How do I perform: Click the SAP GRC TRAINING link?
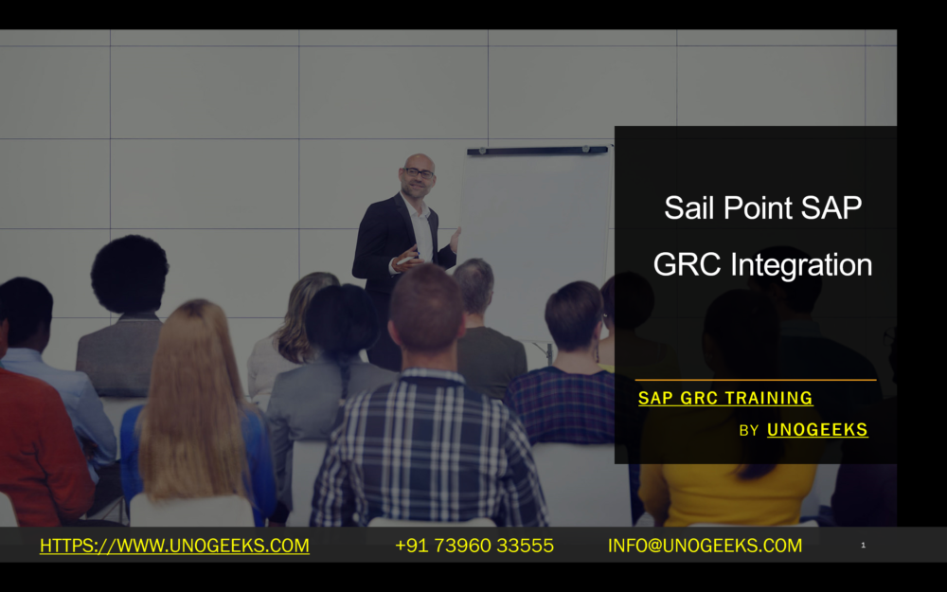[x=725, y=398]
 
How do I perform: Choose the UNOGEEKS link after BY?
[x=817, y=429]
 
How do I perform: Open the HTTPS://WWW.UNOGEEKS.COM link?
[x=174, y=546]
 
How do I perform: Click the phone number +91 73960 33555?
[x=473, y=546]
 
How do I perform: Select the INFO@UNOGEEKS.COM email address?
[x=705, y=546]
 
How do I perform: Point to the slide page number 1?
[x=863, y=545]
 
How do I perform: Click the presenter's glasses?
[x=419, y=172]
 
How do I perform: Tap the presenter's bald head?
[x=418, y=160]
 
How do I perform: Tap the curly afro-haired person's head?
[x=130, y=275]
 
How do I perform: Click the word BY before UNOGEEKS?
[x=748, y=431]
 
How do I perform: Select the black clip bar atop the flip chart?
[x=537, y=151]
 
